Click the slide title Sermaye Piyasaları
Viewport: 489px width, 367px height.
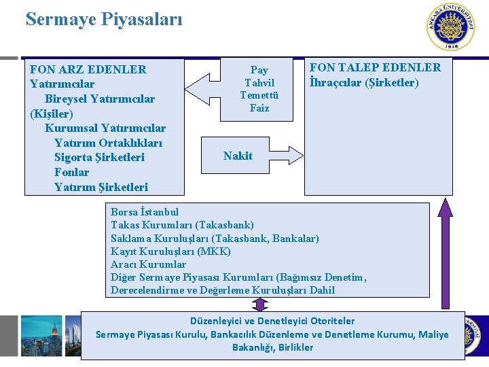point(104,19)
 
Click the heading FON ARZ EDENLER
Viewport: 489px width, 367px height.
point(88,69)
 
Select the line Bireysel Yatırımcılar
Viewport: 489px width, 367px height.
point(100,99)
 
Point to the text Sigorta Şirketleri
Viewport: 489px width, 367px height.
point(99,157)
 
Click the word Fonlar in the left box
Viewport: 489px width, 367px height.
point(71,172)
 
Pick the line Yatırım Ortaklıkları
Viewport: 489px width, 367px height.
point(108,143)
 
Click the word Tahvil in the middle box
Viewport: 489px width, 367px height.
point(259,82)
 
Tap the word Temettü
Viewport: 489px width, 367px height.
point(259,95)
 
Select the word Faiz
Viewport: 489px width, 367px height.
point(259,108)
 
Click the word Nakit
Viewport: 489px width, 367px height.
point(238,156)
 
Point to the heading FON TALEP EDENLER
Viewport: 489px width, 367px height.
point(375,67)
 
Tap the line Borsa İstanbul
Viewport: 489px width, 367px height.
point(145,212)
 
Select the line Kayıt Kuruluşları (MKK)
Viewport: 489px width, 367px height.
point(170,251)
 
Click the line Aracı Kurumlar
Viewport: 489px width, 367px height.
point(148,264)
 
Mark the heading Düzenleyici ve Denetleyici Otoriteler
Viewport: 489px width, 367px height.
point(272,321)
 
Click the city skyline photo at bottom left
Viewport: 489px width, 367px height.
point(41,336)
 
